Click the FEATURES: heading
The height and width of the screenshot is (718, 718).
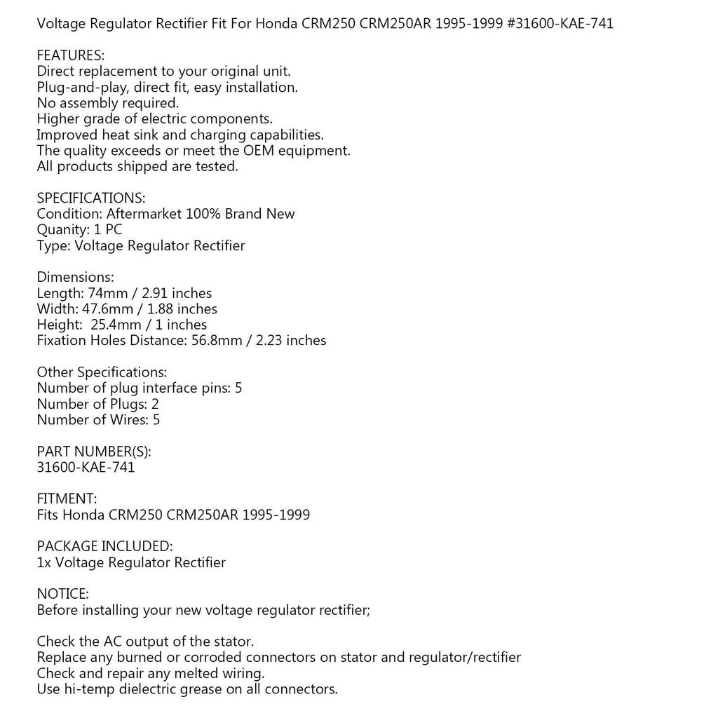point(70,55)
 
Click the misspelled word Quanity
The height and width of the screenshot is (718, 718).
point(62,230)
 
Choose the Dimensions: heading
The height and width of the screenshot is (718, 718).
point(75,278)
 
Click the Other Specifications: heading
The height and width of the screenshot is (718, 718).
point(102,372)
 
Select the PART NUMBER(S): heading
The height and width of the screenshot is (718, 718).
point(94,452)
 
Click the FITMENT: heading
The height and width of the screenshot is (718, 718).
point(67,499)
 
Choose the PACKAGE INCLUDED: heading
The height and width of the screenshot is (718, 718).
point(104,547)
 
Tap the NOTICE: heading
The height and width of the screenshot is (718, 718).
point(62,595)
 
